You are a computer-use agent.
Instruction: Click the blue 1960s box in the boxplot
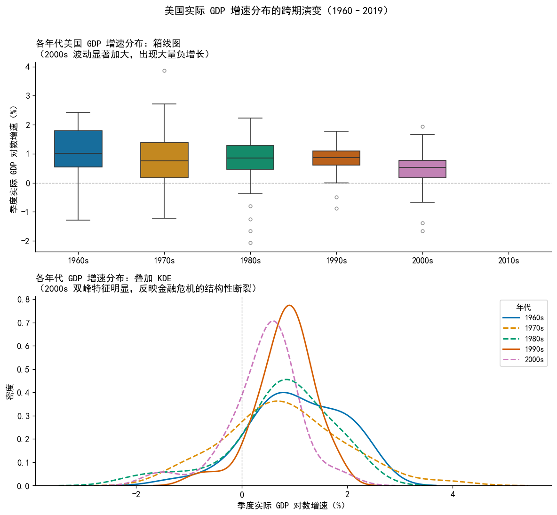point(78,149)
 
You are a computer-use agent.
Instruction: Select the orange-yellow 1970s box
point(164,160)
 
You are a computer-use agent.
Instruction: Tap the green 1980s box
point(250,157)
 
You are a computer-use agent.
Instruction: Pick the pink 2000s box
point(422,169)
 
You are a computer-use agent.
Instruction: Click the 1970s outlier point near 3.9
point(164,71)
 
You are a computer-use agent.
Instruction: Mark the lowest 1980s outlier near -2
point(250,243)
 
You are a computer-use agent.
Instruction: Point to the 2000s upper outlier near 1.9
point(422,127)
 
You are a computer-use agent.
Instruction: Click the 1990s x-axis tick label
point(336,261)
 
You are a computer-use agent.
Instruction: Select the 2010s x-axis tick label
point(509,261)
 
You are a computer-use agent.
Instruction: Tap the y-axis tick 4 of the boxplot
point(28,67)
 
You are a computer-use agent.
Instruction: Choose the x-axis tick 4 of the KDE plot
point(453,494)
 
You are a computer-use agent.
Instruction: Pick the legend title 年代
point(524,308)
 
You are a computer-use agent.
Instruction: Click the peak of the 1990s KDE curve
point(290,305)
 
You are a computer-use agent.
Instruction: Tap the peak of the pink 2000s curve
point(272,321)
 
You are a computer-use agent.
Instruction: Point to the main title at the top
point(278,10)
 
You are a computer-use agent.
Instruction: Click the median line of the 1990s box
point(336,158)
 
